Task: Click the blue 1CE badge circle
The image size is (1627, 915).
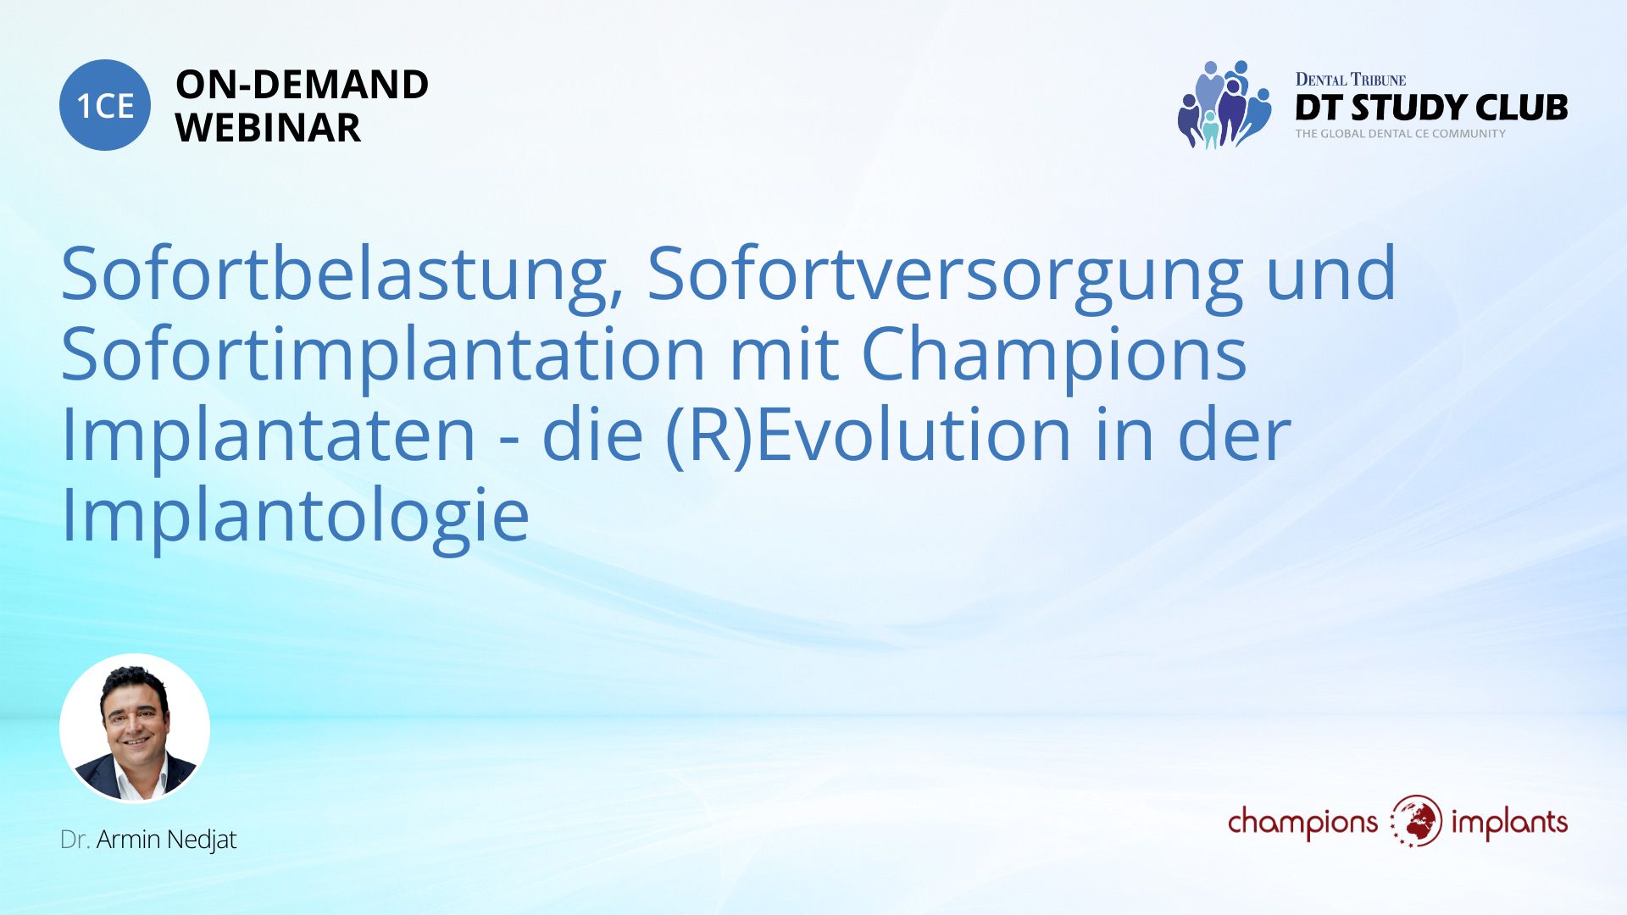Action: (105, 105)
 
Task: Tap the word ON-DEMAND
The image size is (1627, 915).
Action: (302, 85)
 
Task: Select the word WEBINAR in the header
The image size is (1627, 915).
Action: (268, 128)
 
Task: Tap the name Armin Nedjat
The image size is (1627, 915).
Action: (166, 840)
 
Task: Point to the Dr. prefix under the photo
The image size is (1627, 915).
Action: (75, 840)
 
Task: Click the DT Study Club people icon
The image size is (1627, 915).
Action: (1224, 104)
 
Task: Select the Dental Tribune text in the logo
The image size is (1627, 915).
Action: (1351, 80)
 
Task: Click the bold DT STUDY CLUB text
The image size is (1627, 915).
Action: (1431, 108)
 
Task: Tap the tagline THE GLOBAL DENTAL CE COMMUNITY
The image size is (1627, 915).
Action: (1400, 134)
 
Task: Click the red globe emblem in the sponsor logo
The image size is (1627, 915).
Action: (1415, 821)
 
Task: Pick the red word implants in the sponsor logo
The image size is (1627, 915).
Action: (1509, 823)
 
